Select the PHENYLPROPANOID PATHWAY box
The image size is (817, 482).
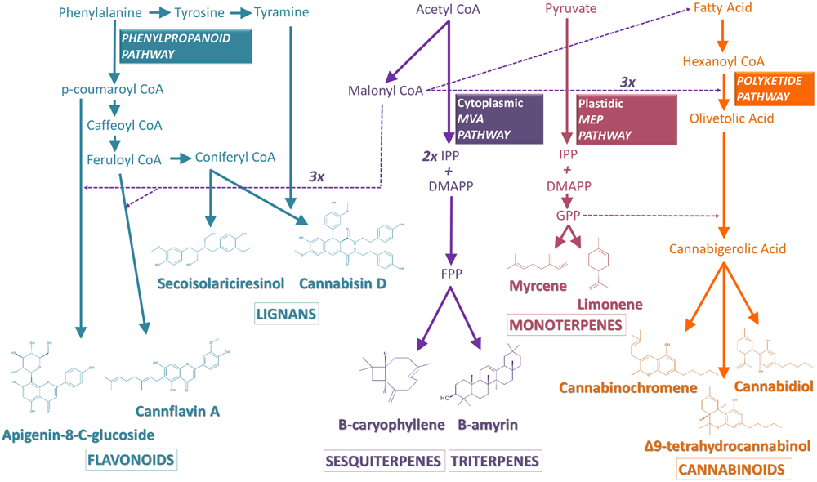pyautogui.click(x=185, y=47)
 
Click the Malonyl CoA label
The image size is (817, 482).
pyautogui.click(x=385, y=91)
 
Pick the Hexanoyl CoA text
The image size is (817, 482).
pyautogui.click(x=719, y=61)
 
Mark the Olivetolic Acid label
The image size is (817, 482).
pyautogui.click(x=721, y=119)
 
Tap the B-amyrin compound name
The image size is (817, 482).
pyautogui.click(x=487, y=425)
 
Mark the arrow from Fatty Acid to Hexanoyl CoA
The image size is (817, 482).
pyautogui.click(x=721, y=35)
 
